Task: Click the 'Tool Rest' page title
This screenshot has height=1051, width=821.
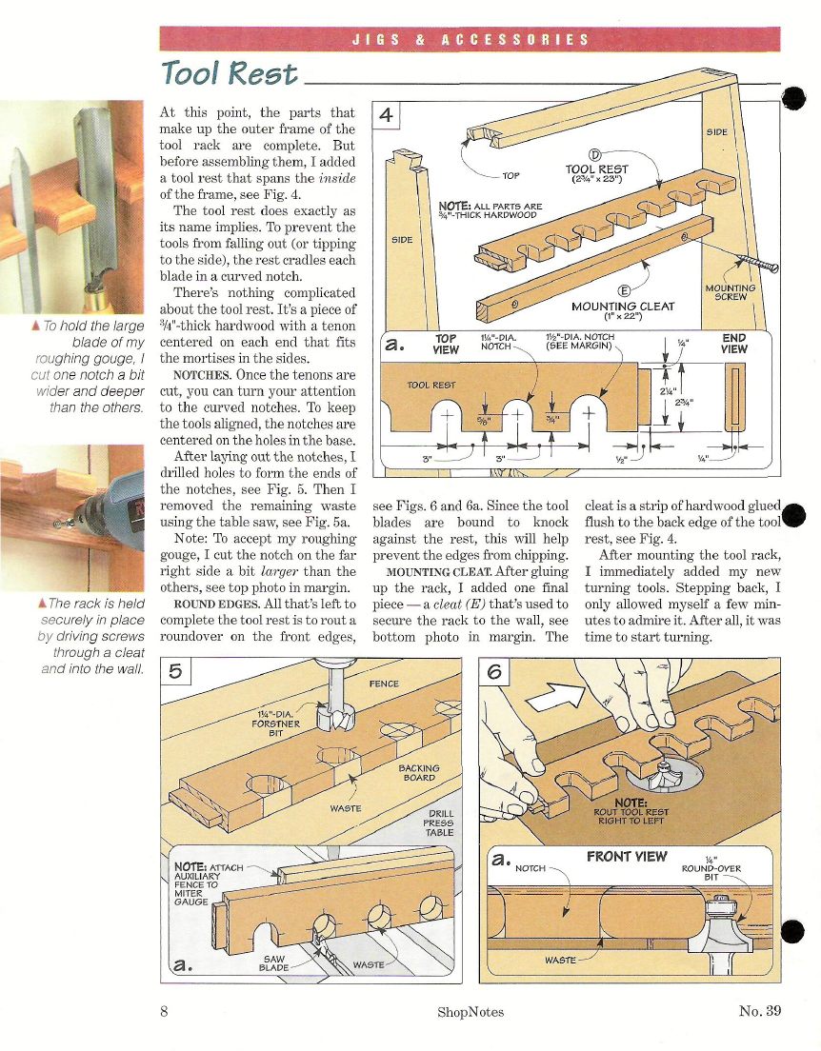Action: [x=230, y=72]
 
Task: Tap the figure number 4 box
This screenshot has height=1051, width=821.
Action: [x=386, y=115]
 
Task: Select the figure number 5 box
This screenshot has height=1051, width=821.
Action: [x=175, y=671]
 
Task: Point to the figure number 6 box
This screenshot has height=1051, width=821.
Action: [x=494, y=671]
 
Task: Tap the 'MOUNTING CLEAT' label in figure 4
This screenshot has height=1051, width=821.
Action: [x=623, y=307]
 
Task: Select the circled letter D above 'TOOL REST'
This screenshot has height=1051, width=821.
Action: [x=593, y=155]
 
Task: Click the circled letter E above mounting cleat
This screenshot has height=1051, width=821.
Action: [x=623, y=290]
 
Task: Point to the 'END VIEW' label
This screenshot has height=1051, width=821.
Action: [x=733, y=344]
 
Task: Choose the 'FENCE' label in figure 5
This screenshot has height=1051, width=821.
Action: [x=384, y=684]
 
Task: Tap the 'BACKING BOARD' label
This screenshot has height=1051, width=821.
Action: [x=419, y=773]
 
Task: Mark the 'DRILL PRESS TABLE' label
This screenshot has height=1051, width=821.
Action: [x=439, y=823]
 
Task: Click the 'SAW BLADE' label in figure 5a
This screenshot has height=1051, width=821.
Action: [x=273, y=963]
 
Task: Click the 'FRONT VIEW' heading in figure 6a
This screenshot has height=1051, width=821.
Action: [x=627, y=857]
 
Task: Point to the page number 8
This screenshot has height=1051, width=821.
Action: [x=165, y=1011]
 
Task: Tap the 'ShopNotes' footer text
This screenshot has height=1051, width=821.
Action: [x=471, y=1012]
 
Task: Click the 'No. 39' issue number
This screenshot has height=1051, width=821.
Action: [x=760, y=1011]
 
